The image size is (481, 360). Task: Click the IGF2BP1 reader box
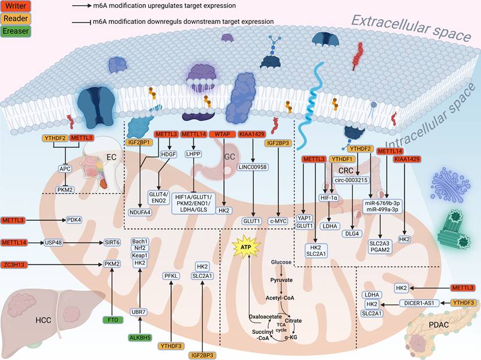pyautogui.click(x=139, y=142)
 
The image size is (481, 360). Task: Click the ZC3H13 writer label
pyautogui.click(x=18, y=264)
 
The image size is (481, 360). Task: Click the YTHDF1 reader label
pyautogui.click(x=342, y=159)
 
